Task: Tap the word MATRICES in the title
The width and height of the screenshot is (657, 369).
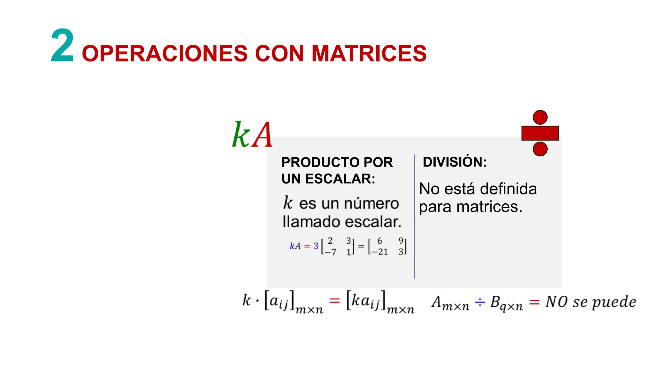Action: (369, 53)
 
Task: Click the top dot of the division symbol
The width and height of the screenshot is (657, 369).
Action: (540, 117)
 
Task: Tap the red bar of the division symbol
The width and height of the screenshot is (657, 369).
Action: (540, 133)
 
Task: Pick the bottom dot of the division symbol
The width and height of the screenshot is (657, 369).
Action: (540, 149)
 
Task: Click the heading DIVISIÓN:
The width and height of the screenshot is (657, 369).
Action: (455, 162)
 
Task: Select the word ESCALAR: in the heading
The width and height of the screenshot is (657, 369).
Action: (340, 179)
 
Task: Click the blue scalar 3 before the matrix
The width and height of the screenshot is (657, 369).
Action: (316, 246)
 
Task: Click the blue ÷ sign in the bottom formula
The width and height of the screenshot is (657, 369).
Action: (480, 302)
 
